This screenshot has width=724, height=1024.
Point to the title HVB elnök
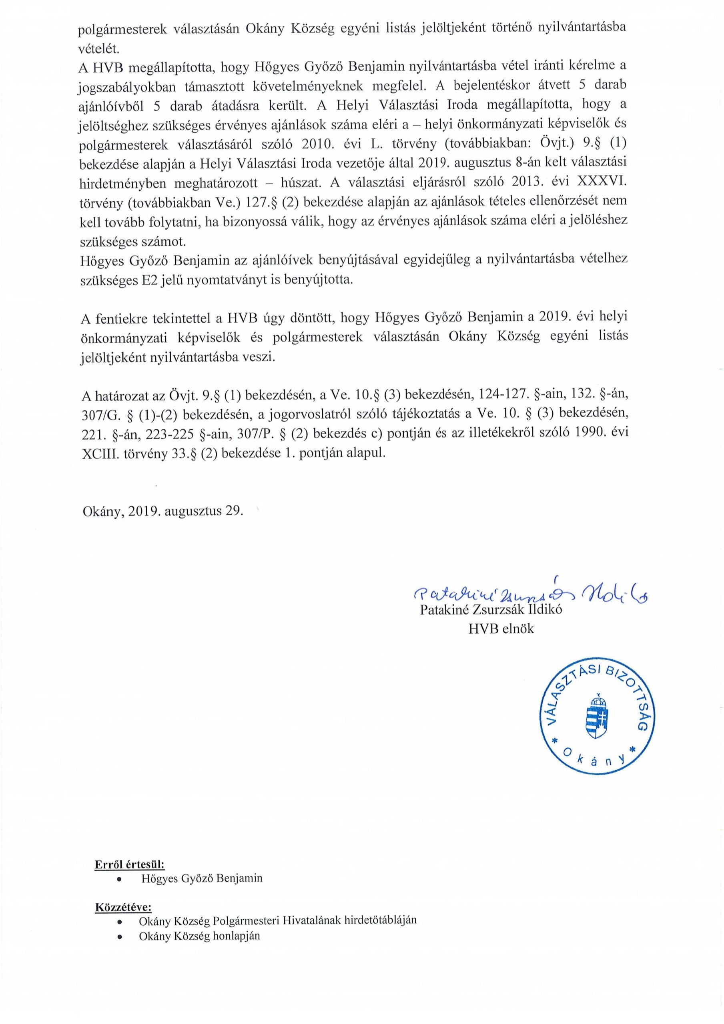[501, 629]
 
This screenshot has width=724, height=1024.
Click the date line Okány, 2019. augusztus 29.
[163, 511]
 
